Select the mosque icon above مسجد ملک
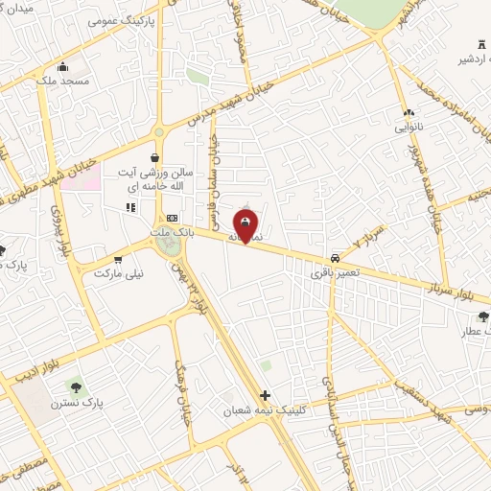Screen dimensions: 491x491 pos(63,66)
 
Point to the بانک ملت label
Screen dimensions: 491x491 pos(173,231)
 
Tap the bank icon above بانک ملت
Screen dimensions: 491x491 pos(172,217)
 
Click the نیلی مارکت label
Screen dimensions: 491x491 pos(118,273)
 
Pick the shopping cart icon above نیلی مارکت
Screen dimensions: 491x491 pos(118,259)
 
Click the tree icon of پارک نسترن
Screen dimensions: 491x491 pos(74,388)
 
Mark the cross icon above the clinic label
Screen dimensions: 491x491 pos(266,394)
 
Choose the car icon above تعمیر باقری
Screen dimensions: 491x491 pos(334,258)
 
